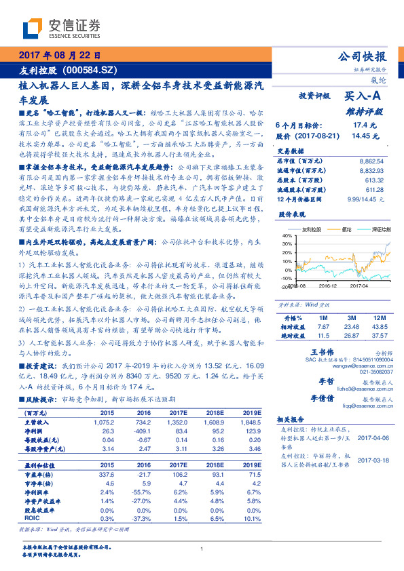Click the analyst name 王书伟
(x=323, y=353)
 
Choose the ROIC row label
(x=32, y=517)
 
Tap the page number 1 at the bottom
(x=202, y=549)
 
